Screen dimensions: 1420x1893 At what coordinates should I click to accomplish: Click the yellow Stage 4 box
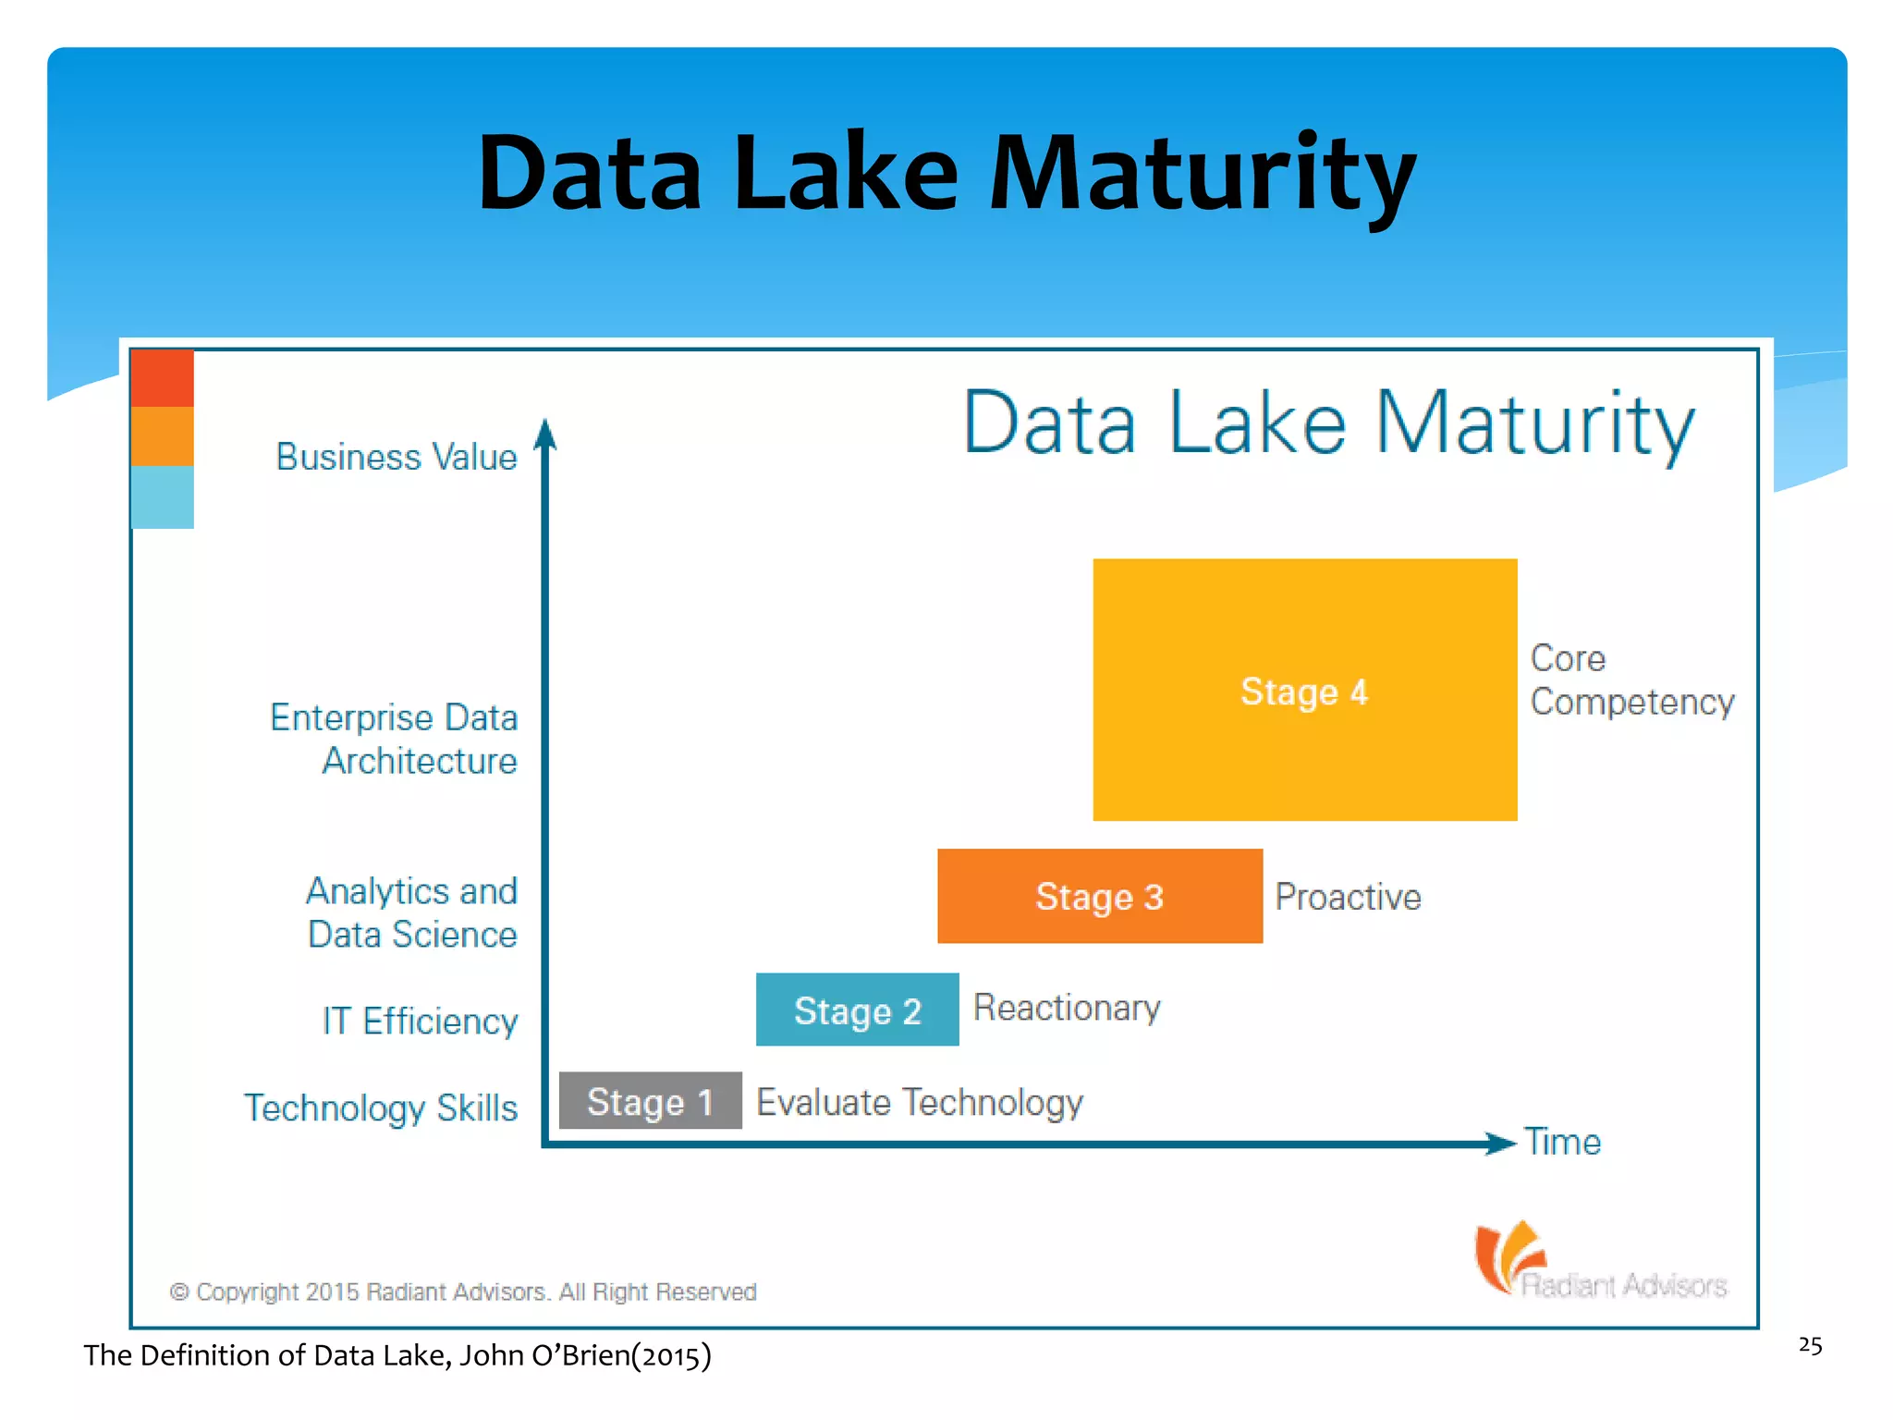[x=1304, y=690]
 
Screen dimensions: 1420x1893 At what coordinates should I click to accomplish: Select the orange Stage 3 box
[x=1099, y=896]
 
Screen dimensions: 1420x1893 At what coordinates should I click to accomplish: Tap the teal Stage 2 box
[x=857, y=1010]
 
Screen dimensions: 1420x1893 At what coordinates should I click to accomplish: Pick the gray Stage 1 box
[x=650, y=1100]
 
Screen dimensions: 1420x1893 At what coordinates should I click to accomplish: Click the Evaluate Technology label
[x=919, y=1102]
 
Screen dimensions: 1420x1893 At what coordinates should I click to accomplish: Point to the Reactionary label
[x=1067, y=1008]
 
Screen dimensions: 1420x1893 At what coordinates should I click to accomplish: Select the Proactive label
[x=1348, y=897]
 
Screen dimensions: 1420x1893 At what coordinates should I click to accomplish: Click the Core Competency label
[x=1631, y=680]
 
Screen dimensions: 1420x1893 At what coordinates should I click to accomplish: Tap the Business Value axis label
[x=397, y=457]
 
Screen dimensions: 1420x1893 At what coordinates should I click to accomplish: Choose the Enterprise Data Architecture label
[x=395, y=739]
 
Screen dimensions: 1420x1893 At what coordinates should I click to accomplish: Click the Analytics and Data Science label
[x=412, y=912]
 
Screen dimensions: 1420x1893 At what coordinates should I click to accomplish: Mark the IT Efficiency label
[x=421, y=1022]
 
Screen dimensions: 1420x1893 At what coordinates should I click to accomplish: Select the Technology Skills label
[x=381, y=1108]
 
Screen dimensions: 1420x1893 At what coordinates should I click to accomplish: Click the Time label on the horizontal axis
[x=1562, y=1143]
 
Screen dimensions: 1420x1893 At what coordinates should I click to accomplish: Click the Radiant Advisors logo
[x=1600, y=1262]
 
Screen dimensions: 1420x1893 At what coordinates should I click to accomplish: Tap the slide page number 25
[x=1810, y=1345]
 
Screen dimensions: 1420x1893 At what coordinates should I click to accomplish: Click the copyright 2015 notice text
[x=463, y=1291]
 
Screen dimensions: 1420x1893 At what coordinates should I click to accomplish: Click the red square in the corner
[x=163, y=378]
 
